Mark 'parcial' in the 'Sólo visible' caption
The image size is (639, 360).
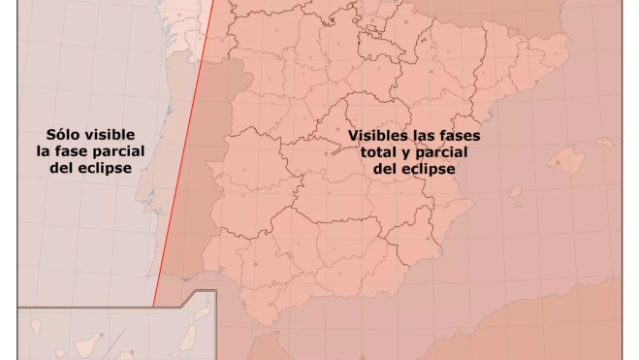click(121, 151)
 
